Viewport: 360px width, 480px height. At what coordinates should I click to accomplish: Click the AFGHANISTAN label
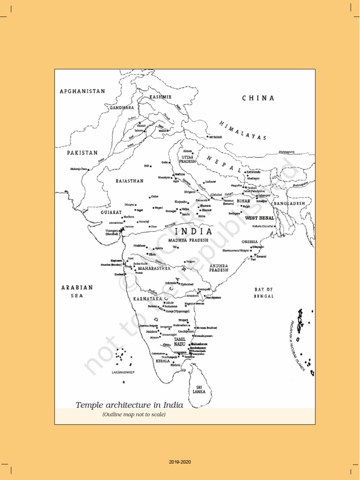[x=82, y=91]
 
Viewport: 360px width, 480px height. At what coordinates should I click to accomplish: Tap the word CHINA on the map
[x=258, y=98]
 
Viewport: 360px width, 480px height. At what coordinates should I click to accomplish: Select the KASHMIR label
[x=160, y=97]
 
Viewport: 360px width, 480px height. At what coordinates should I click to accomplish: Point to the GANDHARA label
[x=122, y=108]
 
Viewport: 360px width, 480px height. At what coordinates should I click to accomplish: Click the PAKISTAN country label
[x=82, y=153]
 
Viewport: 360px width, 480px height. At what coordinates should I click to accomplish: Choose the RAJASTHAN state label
[x=130, y=180]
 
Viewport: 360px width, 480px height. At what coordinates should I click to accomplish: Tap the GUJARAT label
[x=111, y=212]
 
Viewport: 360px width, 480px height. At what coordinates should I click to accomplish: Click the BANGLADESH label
[x=289, y=204]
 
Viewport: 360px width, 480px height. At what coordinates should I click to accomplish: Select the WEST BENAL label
[x=260, y=218]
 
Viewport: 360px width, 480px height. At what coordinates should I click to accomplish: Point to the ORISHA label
[x=250, y=242]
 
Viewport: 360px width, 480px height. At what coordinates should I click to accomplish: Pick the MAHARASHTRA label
[x=154, y=269]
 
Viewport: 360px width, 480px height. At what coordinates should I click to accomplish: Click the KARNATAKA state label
[x=148, y=299]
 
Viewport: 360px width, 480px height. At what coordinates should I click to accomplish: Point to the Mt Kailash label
[x=215, y=137]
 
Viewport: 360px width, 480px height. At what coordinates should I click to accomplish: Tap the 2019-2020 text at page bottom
[x=180, y=462]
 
